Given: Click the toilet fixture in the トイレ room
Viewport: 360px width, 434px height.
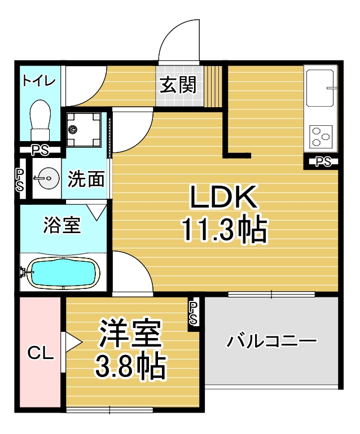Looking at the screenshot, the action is click(41, 120).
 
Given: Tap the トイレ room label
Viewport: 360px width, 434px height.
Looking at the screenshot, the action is click(39, 80).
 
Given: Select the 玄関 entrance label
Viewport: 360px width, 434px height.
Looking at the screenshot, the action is click(178, 85).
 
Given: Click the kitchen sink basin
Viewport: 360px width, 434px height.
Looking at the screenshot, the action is click(319, 87).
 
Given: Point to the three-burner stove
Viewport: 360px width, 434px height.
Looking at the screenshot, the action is click(321, 136).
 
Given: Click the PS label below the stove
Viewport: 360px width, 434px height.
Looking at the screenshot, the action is click(323, 161).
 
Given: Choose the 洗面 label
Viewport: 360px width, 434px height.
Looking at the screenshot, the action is click(86, 179).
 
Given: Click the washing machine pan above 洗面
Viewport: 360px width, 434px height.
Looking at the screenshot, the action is click(84, 129).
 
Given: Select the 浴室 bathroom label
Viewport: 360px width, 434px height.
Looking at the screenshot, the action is click(62, 225).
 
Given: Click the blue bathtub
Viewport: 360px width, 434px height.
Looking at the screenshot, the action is click(64, 273).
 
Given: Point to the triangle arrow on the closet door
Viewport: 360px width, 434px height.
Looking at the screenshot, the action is click(73, 342).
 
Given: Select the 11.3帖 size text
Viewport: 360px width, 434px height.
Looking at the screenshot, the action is click(224, 230).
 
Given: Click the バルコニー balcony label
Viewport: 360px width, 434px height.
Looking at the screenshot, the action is click(271, 341).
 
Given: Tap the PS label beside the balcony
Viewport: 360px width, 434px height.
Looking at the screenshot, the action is click(193, 313).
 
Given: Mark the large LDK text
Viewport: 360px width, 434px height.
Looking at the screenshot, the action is click(223, 197).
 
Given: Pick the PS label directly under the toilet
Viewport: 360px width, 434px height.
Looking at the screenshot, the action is click(41, 150).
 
